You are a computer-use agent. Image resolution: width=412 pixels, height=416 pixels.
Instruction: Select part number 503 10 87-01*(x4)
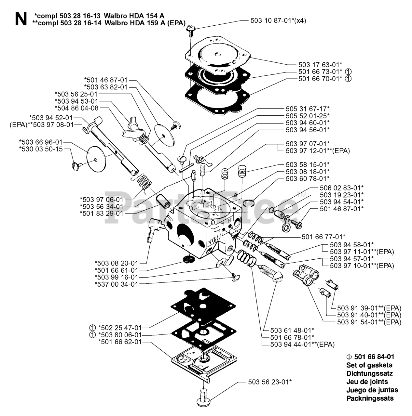click(x=278, y=20)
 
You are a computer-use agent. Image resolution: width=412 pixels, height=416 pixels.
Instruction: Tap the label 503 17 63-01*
click(x=320, y=64)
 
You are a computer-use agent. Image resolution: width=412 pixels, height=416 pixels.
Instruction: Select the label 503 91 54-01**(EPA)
click(x=369, y=322)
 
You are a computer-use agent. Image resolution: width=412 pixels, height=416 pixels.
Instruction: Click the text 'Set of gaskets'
click(x=369, y=365)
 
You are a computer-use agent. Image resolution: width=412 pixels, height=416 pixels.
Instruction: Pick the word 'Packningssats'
click(x=370, y=398)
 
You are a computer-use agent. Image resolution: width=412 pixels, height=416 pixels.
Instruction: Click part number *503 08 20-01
click(x=116, y=263)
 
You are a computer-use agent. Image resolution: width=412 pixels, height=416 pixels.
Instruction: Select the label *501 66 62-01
click(x=120, y=342)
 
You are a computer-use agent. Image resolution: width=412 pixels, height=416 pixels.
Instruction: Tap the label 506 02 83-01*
click(x=342, y=188)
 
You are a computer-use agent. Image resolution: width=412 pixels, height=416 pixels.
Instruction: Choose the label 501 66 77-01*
click(x=323, y=236)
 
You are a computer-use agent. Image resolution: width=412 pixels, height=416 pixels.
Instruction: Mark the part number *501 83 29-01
click(x=102, y=214)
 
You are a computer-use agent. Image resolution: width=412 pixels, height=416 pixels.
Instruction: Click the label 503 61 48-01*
click(x=292, y=330)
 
